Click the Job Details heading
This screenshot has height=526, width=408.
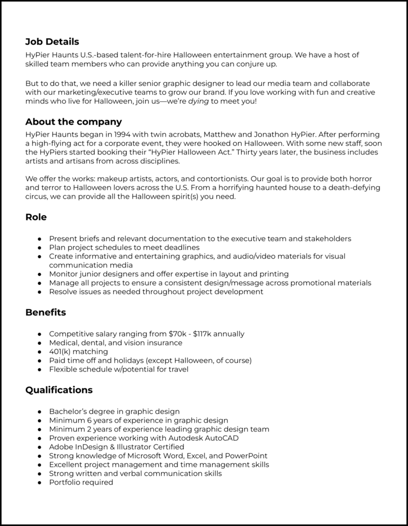click(52, 42)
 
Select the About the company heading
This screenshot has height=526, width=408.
click(74, 122)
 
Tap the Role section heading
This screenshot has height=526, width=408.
click(36, 217)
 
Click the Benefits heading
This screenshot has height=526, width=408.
click(46, 312)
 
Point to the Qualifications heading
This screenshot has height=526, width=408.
click(59, 390)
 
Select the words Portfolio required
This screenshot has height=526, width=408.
click(81, 482)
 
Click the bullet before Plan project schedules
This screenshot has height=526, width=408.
click(39, 247)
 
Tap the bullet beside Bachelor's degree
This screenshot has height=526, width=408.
click(39, 411)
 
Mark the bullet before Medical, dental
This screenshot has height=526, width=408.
click(39, 343)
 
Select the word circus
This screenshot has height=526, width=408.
click(38, 196)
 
